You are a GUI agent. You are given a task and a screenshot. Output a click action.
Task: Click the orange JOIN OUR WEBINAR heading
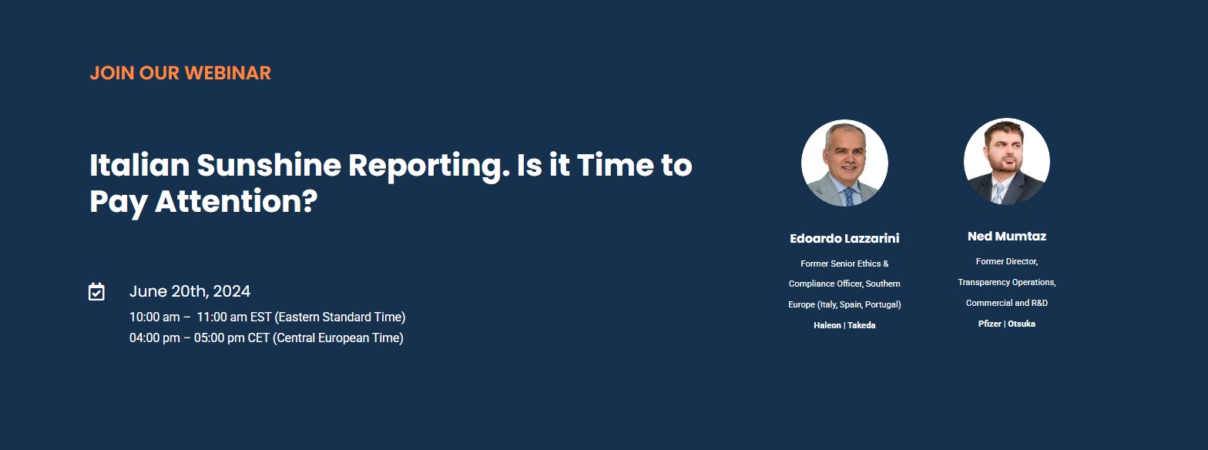pyautogui.click(x=180, y=73)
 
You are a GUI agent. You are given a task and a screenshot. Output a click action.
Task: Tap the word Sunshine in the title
pyautogui.click(x=269, y=165)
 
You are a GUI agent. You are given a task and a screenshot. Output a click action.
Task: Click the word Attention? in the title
pyautogui.click(x=237, y=201)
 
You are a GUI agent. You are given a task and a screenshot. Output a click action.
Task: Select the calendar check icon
pyautogui.click(x=96, y=291)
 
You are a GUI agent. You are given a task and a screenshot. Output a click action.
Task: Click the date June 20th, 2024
pyautogui.click(x=190, y=291)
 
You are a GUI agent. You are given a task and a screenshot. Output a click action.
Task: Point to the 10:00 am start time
pyautogui.click(x=154, y=317)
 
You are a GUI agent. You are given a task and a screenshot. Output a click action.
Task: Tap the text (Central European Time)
pyautogui.click(x=338, y=338)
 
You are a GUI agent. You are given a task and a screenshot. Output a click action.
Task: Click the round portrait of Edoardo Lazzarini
pyautogui.click(x=844, y=163)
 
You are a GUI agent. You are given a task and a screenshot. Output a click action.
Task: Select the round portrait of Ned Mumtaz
pyautogui.click(x=1007, y=161)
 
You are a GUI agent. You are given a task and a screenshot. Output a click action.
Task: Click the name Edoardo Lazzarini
pyautogui.click(x=844, y=239)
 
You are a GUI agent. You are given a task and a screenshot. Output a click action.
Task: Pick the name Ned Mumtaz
pyautogui.click(x=1007, y=237)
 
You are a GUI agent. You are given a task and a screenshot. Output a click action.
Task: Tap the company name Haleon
pyautogui.click(x=827, y=325)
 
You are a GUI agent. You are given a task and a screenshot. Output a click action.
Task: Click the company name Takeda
pyautogui.click(x=861, y=325)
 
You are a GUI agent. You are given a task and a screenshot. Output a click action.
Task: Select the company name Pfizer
pyautogui.click(x=989, y=324)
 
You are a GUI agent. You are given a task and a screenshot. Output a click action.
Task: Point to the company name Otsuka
pyautogui.click(x=1022, y=324)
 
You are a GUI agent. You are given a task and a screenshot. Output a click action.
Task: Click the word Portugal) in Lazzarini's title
pyautogui.click(x=883, y=305)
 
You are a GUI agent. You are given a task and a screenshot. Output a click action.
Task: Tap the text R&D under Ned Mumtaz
pyautogui.click(x=1039, y=304)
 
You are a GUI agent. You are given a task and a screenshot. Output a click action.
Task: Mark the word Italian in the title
pyautogui.click(x=139, y=165)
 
